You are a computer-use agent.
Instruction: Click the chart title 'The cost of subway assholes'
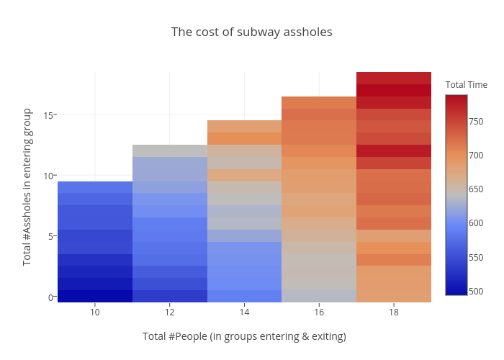click(251, 32)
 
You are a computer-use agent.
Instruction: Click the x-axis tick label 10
click(95, 312)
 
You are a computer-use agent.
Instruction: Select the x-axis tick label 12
click(170, 312)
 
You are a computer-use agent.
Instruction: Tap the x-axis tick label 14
click(244, 312)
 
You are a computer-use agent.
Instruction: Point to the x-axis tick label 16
click(319, 312)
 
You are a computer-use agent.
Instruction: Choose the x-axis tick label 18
click(393, 312)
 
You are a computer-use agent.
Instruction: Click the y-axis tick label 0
click(51, 297)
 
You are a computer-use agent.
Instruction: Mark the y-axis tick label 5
click(51, 236)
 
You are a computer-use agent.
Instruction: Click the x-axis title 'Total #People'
click(244, 336)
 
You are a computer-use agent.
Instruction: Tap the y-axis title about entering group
click(27, 187)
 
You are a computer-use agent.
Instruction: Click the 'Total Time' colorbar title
click(466, 85)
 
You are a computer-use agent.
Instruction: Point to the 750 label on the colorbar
click(475, 121)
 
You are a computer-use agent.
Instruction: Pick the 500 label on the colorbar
click(475, 291)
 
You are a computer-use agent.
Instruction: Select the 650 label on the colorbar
click(475, 189)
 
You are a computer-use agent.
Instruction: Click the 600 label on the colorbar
click(475, 223)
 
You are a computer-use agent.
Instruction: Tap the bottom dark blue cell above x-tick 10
click(95, 296)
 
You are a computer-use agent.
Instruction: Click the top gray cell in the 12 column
click(170, 150)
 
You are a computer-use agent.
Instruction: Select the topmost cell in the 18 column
click(393, 78)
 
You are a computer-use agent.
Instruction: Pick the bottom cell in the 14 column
click(244, 296)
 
